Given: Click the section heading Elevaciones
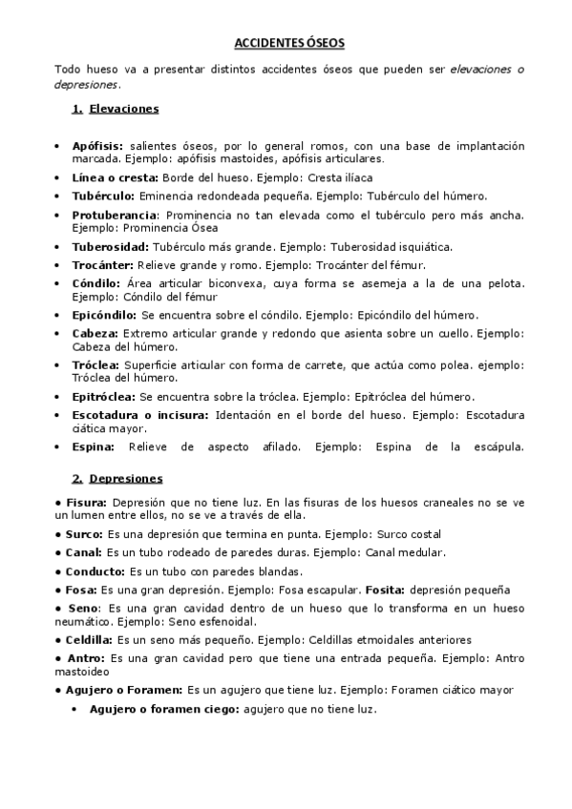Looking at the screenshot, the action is pyautogui.click(x=123, y=109).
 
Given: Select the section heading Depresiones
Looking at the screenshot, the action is pyautogui.click(x=125, y=478).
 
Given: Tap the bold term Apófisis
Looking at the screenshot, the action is pyautogui.click(x=96, y=146).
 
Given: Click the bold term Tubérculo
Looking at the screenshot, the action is pyautogui.click(x=102, y=195).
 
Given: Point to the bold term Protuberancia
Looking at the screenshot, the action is pyautogui.click(x=114, y=214).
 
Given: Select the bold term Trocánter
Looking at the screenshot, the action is pyautogui.click(x=104, y=264).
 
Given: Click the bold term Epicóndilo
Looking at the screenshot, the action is pyautogui.click(x=104, y=314).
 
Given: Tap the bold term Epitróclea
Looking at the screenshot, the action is pyautogui.click(x=104, y=396).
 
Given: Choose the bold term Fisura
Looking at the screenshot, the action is pyautogui.click(x=86, y=502).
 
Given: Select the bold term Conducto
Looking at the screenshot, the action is pyautogui.click(x=95, y=571).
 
